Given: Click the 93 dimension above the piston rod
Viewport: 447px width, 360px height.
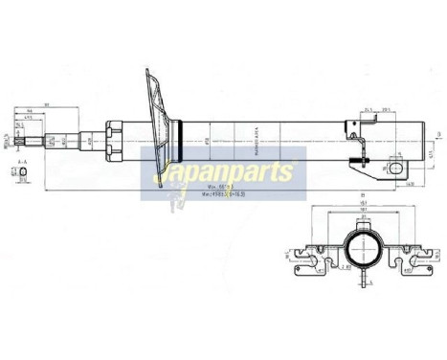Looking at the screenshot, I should (47, 106).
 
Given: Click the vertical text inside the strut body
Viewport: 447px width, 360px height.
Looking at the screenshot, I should (256, 139).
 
